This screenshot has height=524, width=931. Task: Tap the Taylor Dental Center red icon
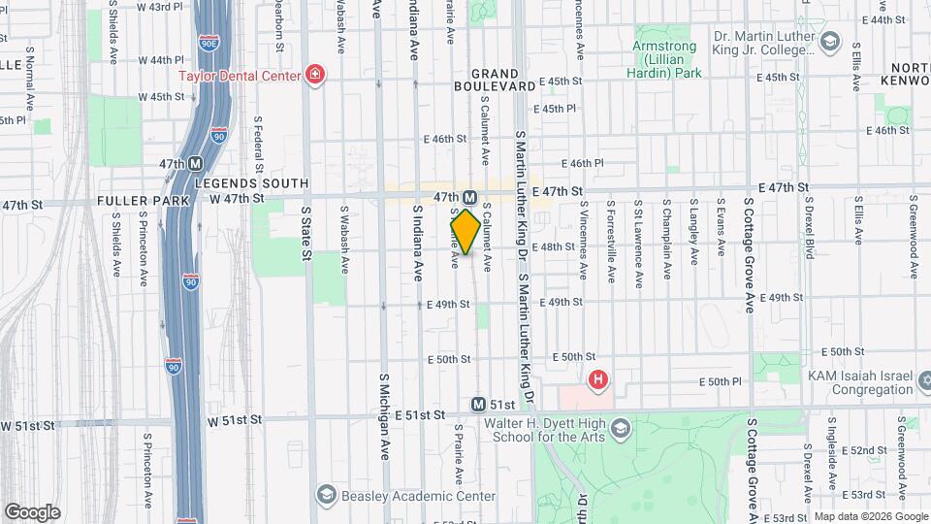314,75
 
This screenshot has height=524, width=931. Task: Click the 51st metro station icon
478,404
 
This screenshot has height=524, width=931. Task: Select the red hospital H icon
599,379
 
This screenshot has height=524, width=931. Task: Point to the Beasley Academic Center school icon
326,496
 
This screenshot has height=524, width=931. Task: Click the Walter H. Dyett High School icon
622,427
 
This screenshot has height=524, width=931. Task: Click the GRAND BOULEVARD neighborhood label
503,80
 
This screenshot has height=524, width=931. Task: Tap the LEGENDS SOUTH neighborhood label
250,183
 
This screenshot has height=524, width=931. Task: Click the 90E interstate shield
207,44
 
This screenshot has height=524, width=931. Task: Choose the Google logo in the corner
32,512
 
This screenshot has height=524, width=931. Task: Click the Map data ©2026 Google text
870,516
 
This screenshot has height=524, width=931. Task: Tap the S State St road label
305,233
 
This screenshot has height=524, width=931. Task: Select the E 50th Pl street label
723,382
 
